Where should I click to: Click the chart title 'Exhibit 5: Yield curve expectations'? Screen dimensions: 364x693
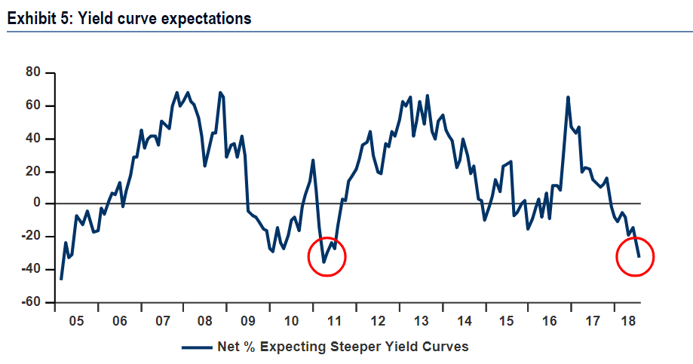pyautogui.click(x=129, y=19)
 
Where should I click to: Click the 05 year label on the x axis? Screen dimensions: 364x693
pyautogui.click(x=75, y=320)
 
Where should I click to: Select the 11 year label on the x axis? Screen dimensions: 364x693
pyautogui.click(x=335, y=320)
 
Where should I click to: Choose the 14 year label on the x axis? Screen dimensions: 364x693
pyautogui.click(x=464, y=320)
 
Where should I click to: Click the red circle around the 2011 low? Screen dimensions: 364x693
pyautogui.click(x=327, y=257)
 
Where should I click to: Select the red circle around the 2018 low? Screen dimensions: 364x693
pyautogui.click(x=635, y=257)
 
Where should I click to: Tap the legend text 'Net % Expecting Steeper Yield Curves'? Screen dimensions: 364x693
pyautogui.click(x=342, y=347)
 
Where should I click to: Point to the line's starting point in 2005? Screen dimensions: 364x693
pyautogui.click(x=60, y=279)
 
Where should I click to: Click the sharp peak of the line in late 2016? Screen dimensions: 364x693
pyautogui.click(x=568, y=97)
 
